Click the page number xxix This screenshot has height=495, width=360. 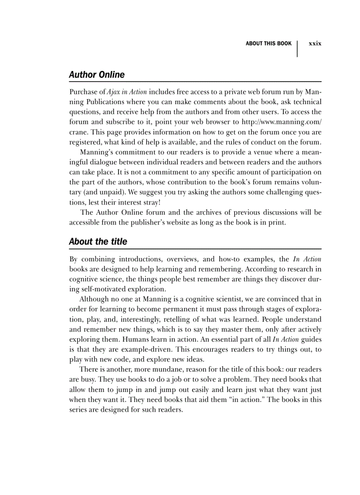coord(315,44)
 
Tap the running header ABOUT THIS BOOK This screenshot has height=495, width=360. coord(268,44)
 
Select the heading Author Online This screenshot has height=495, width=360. coord(97,75)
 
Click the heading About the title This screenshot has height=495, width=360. coord(98,242)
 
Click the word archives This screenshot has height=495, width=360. coord(201,212)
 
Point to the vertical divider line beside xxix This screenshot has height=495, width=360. coord(297,48)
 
